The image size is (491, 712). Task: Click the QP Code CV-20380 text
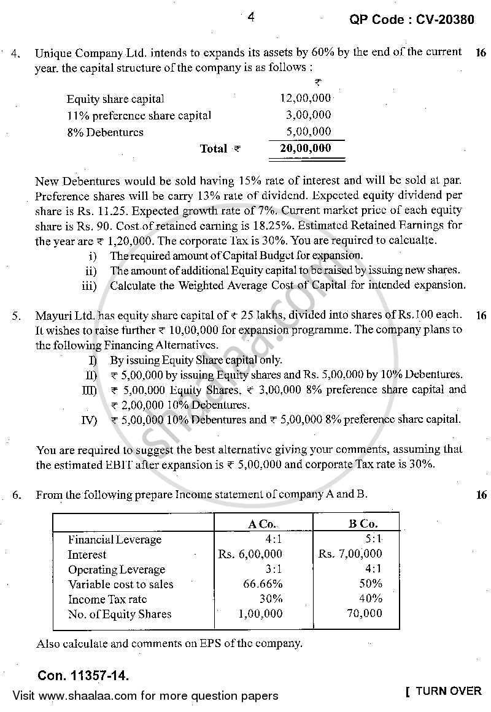click(x=411, y=20)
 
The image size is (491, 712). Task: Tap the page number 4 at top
click(x=250, y=18)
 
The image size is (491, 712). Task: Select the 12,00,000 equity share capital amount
click(x=305, y=98)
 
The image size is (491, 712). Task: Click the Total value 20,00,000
click(x=305, y=148)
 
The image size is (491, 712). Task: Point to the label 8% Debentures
click(x=105, y=132)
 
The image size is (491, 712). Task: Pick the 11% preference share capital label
click(x=139, y=115)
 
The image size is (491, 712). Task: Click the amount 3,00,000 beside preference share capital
click(x=308, y=115)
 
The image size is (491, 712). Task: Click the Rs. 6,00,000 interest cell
click(x=250, y=555)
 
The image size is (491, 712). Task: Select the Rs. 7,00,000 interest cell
click(x=350, y=555)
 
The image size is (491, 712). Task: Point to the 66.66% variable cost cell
click(x=263, y=584)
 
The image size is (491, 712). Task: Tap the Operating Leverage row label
click(x=117, y=569)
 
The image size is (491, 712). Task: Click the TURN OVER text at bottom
click(x=448, y=691)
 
